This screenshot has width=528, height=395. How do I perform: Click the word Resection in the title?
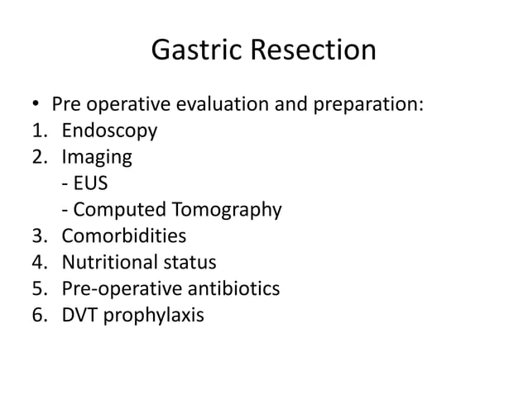pos(314,51)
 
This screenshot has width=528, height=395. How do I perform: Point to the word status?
pos(192,263)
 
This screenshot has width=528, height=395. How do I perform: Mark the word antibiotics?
pos(233,289)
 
